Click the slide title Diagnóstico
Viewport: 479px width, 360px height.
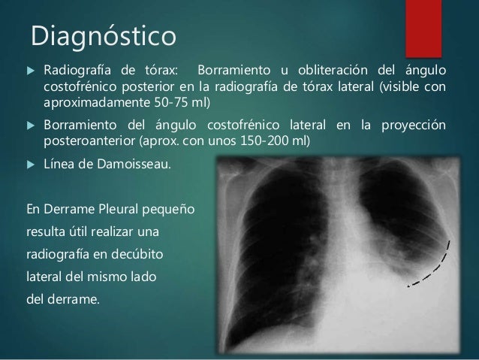point(101,35)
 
